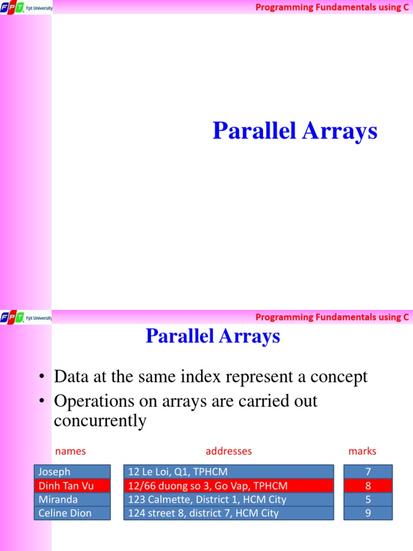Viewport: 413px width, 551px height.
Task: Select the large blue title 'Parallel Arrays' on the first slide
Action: (295, 131)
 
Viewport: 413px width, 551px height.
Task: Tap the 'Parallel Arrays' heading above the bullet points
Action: (213, 336)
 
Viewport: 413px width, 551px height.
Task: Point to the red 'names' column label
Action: (70, 451)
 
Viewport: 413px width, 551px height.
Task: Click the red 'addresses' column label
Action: (229, 451)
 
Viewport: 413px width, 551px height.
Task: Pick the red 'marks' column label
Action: (362, 451)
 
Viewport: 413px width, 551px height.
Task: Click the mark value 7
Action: (368, 472)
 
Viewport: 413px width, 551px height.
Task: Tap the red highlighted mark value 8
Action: (368, 485)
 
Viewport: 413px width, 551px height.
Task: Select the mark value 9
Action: (368, 513)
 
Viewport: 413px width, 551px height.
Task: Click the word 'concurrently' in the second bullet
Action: (100, 421)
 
